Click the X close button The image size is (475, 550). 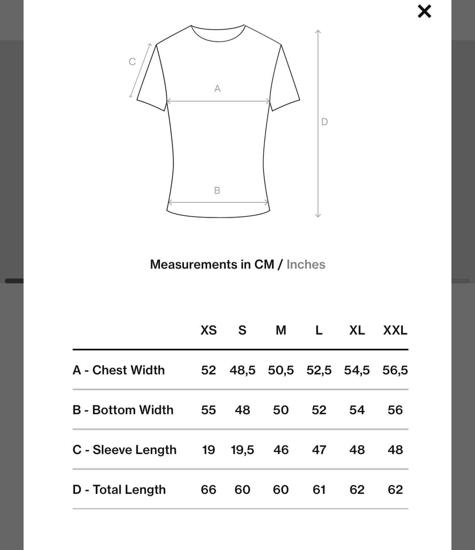click(424, 11)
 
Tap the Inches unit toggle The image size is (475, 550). click(306, 265)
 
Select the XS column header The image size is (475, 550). click(208, 330)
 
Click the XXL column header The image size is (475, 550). click(395, 330)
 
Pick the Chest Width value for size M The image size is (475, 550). click(281, 370)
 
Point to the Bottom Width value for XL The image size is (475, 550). click(357, 410)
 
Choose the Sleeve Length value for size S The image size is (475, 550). click(242, 450)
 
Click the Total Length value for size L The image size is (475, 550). click(319, 490)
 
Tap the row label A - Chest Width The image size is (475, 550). click(119, 370)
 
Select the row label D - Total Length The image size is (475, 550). click(119, 490)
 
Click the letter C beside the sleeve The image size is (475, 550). click(132, 62)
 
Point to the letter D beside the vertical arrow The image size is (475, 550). click(324, 122)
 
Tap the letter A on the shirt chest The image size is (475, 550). click(217, 88)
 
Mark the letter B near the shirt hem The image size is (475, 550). click(217, 191)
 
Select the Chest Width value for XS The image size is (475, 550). click(208, 370)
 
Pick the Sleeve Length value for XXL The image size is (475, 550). click(395, 450)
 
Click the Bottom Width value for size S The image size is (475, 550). click(242, 410)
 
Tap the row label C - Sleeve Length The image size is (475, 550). click(125, 450)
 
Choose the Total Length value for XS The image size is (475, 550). click(208, 490)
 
